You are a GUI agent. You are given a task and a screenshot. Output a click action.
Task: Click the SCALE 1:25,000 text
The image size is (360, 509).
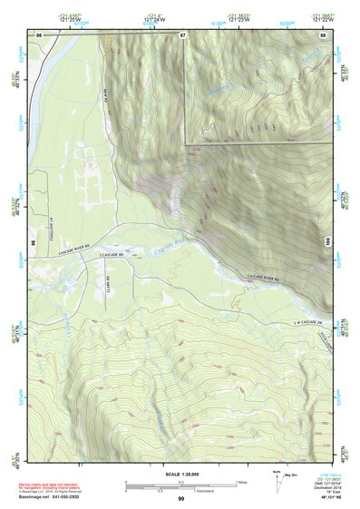180,475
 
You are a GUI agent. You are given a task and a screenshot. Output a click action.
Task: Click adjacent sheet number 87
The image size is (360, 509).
182,34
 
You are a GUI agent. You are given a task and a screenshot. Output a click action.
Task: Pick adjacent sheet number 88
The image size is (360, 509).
324,34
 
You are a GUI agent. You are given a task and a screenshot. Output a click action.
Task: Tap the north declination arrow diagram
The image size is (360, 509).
277,484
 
